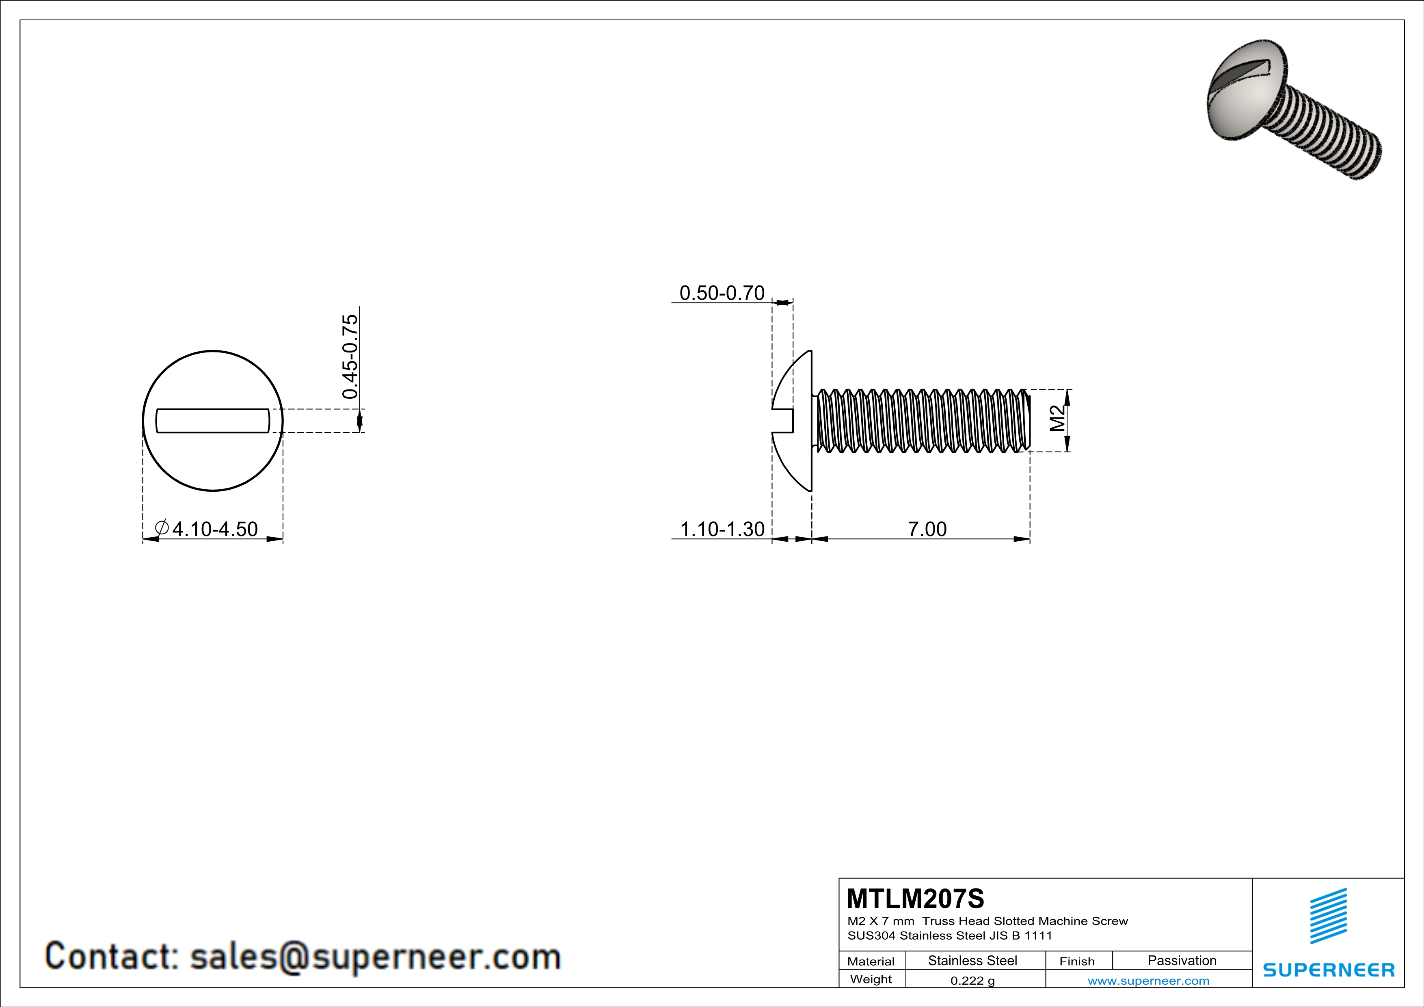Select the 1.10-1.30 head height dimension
pos(722,529)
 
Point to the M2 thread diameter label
pos(1057,419)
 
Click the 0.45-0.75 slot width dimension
pos(350,357)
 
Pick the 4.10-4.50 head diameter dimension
pos(214,529)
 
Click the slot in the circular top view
pos(212,420)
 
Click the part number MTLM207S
pos(915,899)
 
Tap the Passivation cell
pos(1182,960)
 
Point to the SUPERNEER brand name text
pos(1329,970)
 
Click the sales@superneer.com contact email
pos(375,955)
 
